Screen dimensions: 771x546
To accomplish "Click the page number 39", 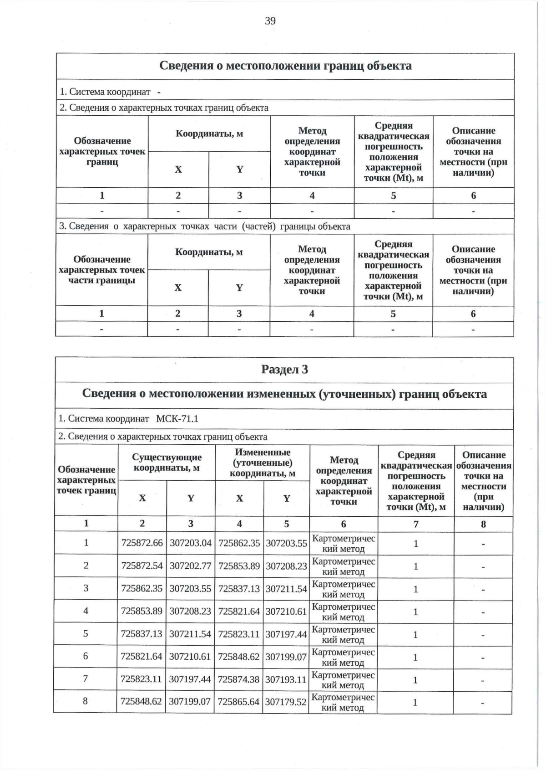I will coord(270,21).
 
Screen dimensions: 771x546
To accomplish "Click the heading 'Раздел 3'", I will coord(284,369).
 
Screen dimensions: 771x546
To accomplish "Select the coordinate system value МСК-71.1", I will coord(177,418).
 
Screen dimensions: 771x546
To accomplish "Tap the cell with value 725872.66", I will coord(142,543).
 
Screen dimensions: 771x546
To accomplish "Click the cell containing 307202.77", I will coord(190,565).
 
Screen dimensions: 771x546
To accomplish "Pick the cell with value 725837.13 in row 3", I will coord(239,588).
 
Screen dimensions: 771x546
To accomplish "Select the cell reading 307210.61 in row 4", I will coord(286,611).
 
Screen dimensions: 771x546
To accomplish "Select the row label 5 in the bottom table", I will coord(86,633).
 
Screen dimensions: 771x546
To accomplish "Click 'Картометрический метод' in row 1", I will coord(343,543).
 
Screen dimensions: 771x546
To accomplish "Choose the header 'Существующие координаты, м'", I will coord(167,463).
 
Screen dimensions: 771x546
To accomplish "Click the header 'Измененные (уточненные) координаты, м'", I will coord(262,463).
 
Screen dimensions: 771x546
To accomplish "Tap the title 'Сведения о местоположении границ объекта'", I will coord(285,66).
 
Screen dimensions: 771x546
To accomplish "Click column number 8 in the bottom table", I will coord(483,524).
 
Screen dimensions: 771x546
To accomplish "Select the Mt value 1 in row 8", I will coord(415,702).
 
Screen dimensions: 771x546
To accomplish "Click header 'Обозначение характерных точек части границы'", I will coord(101,270).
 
